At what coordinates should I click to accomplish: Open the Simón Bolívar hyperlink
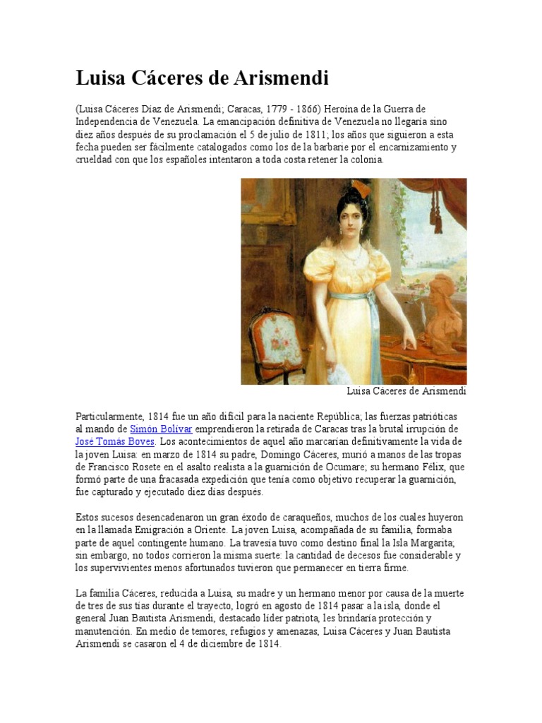161,429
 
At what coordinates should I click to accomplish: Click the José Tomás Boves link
115,441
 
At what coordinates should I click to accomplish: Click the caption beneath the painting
406,391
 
